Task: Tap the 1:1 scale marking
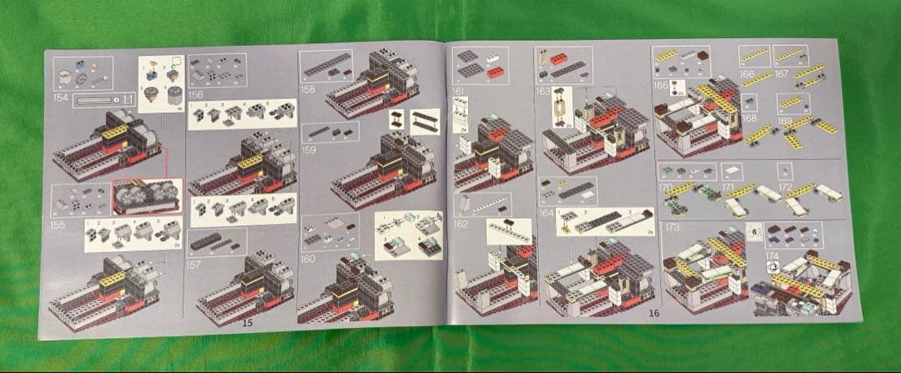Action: (128, 99)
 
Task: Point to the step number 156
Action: (196, 94)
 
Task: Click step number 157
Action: (196, 265)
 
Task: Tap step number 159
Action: (310, 150)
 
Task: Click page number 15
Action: (247, 321)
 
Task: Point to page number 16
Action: (653, 313)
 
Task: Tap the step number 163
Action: (543, 89)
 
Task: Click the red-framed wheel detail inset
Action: (147, 196)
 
